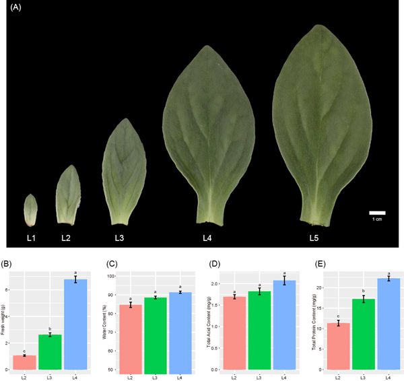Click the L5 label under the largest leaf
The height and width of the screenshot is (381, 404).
pos(314,238)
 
